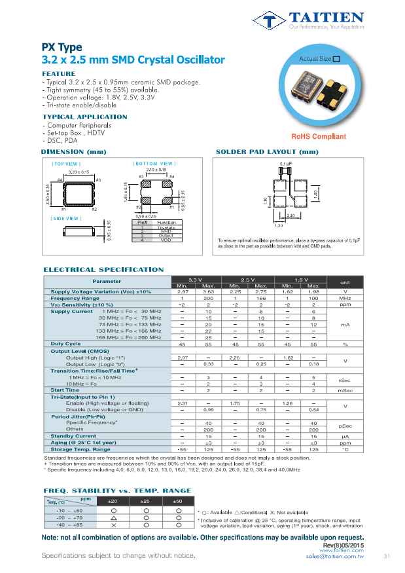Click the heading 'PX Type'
62,47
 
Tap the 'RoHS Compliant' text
319,136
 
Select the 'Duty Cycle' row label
65,344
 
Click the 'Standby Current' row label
73,435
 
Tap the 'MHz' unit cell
345,298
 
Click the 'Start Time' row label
65,390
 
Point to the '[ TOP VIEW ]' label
66,163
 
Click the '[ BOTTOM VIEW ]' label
154,163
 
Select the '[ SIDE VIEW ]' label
66,218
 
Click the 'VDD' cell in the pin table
166,240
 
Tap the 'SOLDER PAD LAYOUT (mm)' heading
267,152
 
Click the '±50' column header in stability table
178,501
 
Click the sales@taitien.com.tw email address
334,556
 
